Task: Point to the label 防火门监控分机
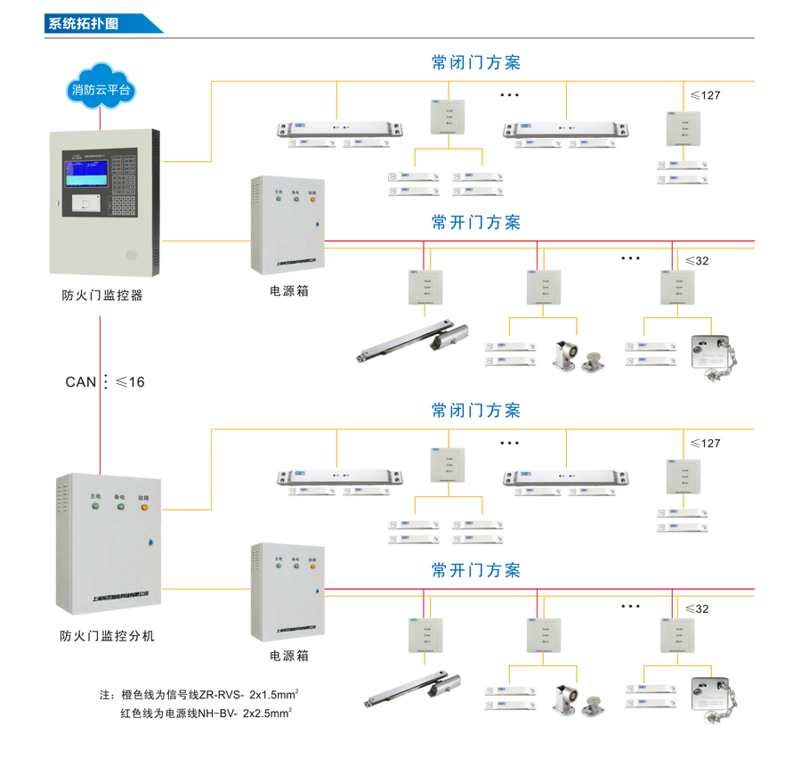107,636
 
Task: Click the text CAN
80,382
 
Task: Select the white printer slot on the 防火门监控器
85,203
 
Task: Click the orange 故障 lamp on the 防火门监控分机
143,508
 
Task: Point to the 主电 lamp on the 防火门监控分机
94,508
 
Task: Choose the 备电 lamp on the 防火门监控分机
119,508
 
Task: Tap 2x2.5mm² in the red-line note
267,713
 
